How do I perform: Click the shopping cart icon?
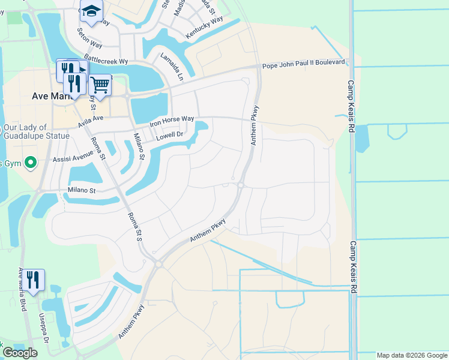[x=100, y=85]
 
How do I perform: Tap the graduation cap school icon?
[x=91, y=11]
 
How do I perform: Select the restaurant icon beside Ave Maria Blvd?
[x=34, y=280]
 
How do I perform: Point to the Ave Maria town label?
[x=52, y=95]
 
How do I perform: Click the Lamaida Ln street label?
[x=171, y=67]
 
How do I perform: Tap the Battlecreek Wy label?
[x=106, y=61]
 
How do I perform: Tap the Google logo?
[x=20, y=353]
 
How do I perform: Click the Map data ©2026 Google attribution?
[x=412, y=355]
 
